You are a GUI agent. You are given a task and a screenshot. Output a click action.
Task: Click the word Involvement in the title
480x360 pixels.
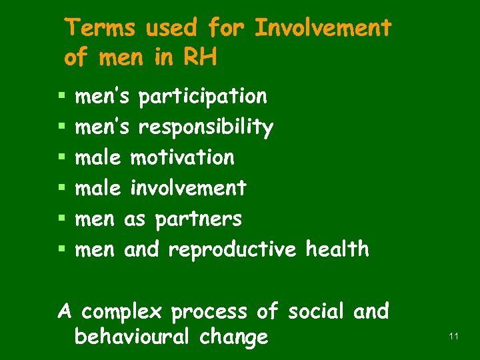[x=323, y=28]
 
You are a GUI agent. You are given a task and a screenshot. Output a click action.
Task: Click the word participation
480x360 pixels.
[x=203, y=97]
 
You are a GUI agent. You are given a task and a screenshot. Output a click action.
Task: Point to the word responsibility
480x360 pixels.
[x=206, y=128]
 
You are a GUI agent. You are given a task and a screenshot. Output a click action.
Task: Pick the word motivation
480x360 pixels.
[x=182, y=158]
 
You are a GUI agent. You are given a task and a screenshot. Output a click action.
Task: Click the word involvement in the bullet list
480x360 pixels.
[x=188, y=189]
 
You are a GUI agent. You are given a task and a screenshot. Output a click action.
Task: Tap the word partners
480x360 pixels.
[x=198, y=219]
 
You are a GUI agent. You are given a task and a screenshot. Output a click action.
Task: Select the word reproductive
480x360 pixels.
[x=231, y=250]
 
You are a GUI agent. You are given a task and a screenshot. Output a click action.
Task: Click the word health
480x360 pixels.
[x=337, y=249]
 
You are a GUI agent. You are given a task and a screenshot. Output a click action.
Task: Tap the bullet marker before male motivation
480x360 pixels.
[x=61, y=159]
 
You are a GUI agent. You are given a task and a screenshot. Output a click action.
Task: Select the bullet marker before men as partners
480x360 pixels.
[x=61, y=219]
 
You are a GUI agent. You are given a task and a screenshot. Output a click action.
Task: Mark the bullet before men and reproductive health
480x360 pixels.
[x=61, y=250]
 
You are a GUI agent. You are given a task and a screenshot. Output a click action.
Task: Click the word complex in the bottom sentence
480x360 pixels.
[x=123, y=312]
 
